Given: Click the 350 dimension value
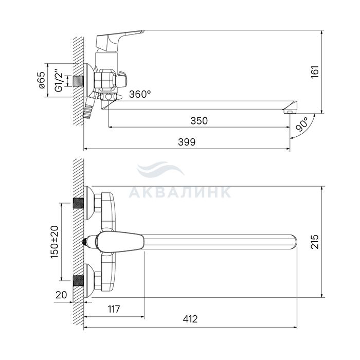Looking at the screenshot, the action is pos(199,121).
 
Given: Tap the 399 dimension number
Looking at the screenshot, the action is pos(187,142).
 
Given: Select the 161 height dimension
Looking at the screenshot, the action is pos(315,71).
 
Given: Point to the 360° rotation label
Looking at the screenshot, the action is pos(140,94).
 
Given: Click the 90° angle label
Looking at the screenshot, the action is pos(302,124).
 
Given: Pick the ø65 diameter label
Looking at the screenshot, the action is pos(42,80).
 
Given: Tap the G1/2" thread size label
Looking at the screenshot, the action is pos(59,79).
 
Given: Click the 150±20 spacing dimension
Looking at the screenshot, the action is pos(55,242).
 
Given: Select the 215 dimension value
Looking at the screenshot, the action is pos(315,242).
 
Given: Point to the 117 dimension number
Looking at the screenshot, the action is pos(114,309).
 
